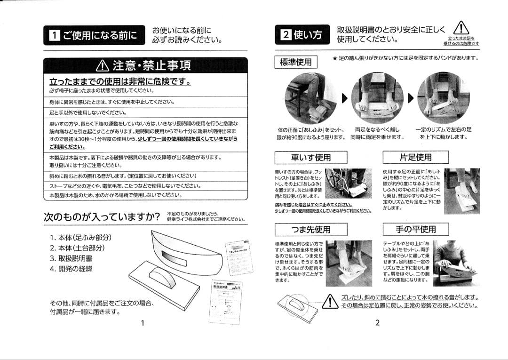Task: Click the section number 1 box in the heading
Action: point(55,35)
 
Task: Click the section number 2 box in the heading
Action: point(286,35)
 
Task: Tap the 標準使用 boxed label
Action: point(295,62)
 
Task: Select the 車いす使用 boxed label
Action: point(310,157)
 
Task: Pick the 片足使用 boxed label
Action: point(415,157)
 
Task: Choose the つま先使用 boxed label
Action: point(310,229)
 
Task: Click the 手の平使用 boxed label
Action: point(415,229)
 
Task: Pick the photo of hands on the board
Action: point(456,263)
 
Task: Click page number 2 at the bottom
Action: point(377,323)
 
